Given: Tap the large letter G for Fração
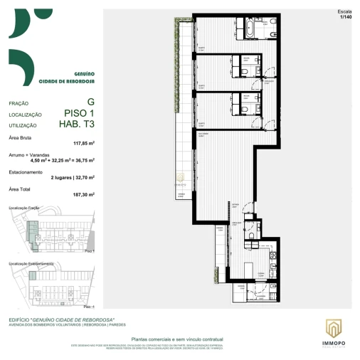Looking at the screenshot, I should point(90,102).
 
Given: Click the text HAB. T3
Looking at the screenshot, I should point(78,124).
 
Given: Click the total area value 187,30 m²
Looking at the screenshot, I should point(83,194).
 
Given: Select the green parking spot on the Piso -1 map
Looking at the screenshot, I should point(32,275).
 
